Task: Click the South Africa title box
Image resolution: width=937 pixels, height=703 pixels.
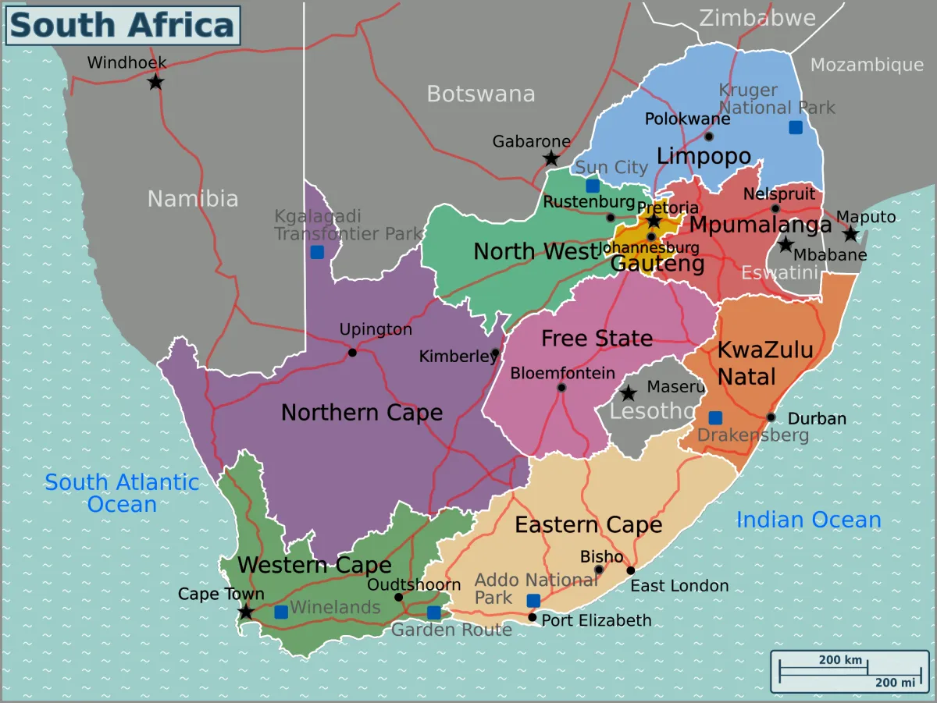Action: (123, 25)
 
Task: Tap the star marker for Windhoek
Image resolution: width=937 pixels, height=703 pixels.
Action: (155, 81)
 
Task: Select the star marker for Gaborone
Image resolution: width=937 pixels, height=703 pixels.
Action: (551, 159)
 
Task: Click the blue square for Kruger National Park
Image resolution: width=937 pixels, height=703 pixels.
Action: (795, 127)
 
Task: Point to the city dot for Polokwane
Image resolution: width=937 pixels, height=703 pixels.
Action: (709, 137)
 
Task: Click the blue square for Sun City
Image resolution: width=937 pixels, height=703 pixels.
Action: (593, 186)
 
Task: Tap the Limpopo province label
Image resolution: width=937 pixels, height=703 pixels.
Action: (704, 156)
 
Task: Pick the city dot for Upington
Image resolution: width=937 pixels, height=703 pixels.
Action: (352, 353)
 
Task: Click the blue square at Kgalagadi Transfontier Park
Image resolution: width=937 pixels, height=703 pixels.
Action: (317, 252)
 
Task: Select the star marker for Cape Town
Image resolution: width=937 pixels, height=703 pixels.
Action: (246, 612)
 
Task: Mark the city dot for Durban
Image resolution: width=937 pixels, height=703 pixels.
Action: (771, 417)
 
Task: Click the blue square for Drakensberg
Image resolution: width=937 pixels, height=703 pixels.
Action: (715, 418)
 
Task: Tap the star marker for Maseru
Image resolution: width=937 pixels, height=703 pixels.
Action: (629, 394)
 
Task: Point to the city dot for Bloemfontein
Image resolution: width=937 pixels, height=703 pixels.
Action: (561, 388)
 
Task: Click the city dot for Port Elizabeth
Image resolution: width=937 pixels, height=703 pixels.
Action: (533, 618)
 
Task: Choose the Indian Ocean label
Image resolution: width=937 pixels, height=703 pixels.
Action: (808, 520)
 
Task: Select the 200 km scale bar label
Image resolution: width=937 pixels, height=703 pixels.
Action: (840, 660)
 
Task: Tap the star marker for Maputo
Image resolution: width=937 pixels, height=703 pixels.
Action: (850, 234)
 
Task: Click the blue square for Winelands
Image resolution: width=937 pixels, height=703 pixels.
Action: (281, 612)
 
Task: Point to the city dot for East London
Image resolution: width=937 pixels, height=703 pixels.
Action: (631, 570)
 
